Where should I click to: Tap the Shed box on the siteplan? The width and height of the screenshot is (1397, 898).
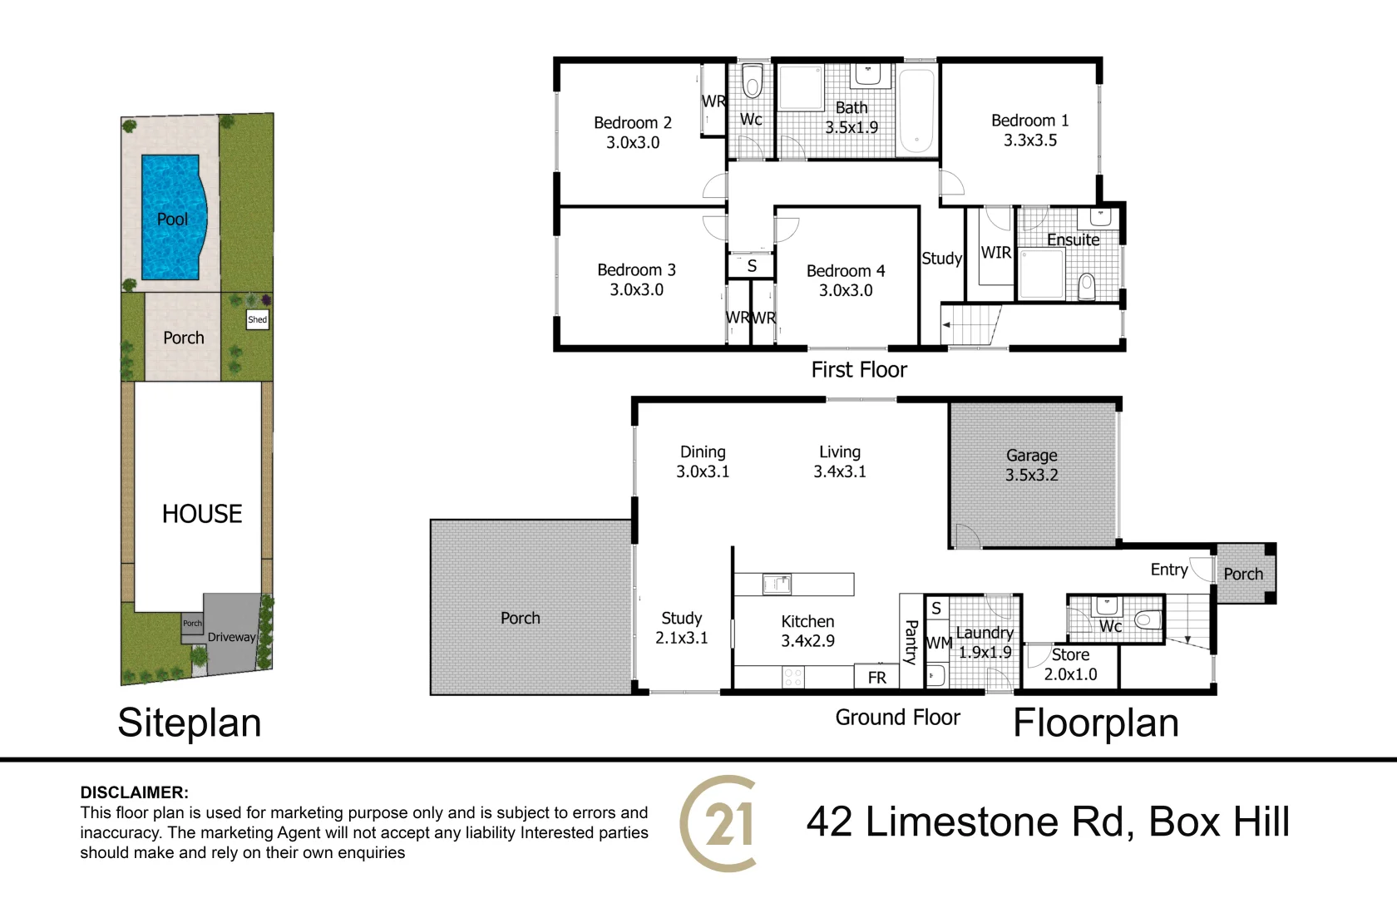click(258, 320)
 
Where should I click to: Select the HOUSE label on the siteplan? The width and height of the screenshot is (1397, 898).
click(202, 514)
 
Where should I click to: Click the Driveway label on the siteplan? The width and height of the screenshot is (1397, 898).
click(231, 637)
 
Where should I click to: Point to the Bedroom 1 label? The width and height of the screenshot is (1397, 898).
click(1030, 121)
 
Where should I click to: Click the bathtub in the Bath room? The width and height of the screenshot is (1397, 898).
click(916, 111)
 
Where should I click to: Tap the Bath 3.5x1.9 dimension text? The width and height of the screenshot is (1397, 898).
click(852, 127)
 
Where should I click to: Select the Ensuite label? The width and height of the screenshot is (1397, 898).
click(1073, 239)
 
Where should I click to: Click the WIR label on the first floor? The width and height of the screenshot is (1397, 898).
click(996, 253)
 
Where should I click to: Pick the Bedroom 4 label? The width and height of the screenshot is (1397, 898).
click(846, 271)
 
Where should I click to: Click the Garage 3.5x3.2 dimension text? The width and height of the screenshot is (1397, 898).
click(1031, 476)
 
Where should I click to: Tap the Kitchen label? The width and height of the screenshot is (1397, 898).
click(807, 621)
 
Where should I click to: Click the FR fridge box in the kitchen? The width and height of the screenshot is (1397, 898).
click(876, 677)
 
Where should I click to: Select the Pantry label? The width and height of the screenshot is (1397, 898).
click(911, 642)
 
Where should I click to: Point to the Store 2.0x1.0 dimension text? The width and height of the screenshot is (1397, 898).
click(1071, 674)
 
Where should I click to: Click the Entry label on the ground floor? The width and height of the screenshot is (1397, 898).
click(1169, 570)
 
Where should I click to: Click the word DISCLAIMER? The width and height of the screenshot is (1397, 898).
click(134, 792)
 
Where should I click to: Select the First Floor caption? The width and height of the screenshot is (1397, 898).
click(859, 370)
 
